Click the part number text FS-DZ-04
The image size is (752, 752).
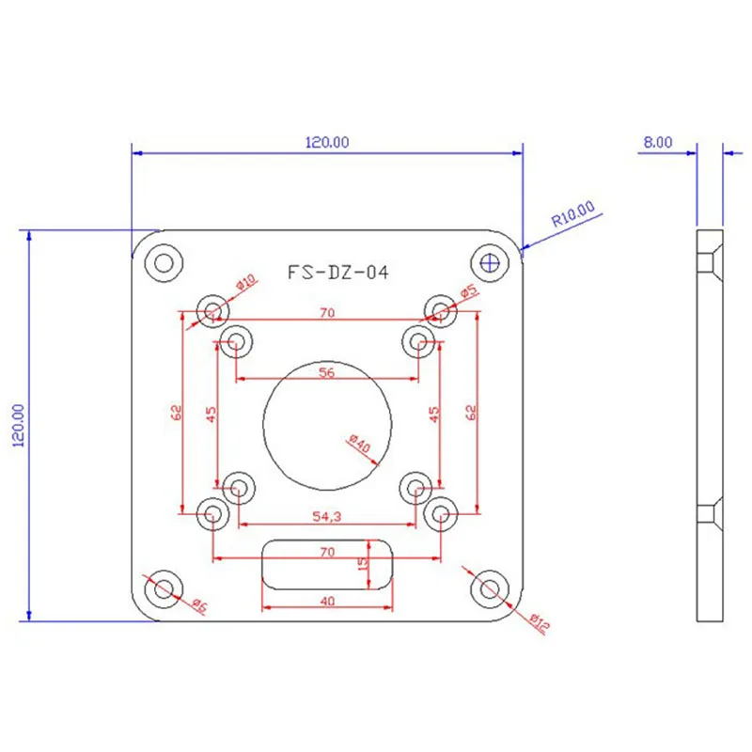338,273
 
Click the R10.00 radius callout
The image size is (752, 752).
573,214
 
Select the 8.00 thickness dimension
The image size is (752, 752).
657,143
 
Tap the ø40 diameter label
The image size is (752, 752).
360,443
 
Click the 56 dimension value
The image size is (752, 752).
326,372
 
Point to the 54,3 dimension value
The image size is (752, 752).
326,516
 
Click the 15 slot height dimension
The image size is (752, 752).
364,563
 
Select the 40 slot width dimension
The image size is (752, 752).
327,601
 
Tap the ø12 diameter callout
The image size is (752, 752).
540,623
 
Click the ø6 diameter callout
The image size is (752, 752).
199,605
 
